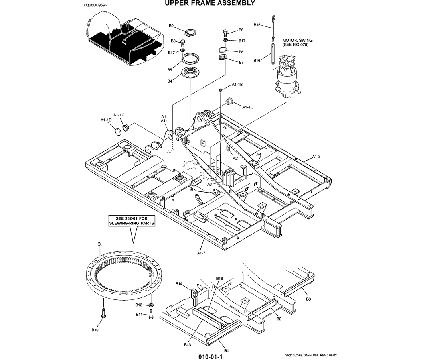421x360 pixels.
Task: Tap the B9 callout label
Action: [171, 26]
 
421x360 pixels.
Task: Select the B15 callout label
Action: [257, 25]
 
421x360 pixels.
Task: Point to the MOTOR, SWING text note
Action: [297, 43]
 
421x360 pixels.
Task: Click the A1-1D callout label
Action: [106, 120]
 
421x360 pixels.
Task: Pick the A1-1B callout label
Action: [238, 85]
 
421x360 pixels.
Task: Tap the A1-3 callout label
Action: [316, 156]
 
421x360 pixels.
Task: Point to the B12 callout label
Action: [139, 305]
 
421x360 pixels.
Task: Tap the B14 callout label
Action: [179, 284]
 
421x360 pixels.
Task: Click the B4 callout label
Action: [170, 81]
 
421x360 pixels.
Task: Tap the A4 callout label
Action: [259, 154]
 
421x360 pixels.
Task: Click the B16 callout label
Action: [257, 61]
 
